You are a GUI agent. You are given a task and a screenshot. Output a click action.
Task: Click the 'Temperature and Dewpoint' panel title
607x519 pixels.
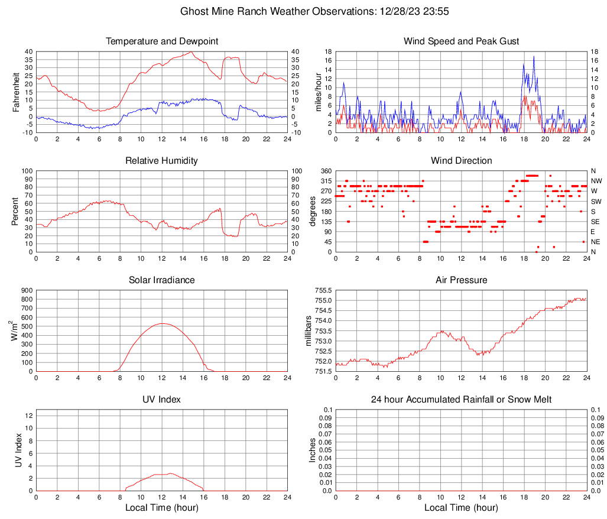click(162, 41)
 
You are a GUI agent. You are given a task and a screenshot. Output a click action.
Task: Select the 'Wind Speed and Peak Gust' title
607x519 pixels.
click(461, 41)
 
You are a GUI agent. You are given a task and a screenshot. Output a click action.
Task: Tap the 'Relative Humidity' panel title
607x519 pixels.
click(162, 161)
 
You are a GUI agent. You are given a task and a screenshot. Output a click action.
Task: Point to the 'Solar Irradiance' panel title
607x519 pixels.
click(162, 280)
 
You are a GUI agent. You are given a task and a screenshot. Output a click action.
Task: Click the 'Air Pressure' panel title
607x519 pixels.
click(461, 280)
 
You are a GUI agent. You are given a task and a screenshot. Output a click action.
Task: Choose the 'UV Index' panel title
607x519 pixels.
click(162, 400)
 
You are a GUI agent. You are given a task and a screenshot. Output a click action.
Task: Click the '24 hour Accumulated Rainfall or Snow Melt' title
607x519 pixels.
click(461, 400)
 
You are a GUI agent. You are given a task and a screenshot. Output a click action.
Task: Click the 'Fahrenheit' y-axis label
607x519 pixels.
click(16, 92)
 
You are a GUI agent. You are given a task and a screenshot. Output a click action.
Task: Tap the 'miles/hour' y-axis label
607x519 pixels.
click(319, 92)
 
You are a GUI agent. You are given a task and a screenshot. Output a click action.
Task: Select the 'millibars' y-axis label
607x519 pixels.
click(308, 331)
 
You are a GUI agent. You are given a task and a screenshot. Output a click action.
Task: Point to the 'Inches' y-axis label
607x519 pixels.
click(313, 450)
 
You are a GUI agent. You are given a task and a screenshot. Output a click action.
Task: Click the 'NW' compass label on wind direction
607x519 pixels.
click(596, 181)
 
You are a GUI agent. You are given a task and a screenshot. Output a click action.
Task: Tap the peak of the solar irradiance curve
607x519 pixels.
click(162, 323)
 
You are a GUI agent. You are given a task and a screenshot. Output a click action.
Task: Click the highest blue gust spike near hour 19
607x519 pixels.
click(534, 56)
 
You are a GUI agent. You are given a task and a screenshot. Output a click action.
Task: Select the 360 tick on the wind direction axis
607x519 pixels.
click(324, 171)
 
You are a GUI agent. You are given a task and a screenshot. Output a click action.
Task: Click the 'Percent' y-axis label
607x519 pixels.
click(16, 211)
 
